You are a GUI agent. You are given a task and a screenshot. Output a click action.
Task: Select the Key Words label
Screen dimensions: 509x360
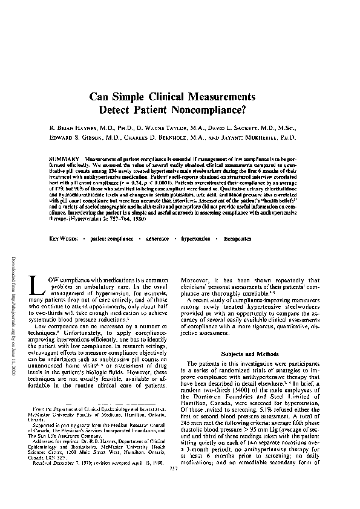(64, 239)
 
